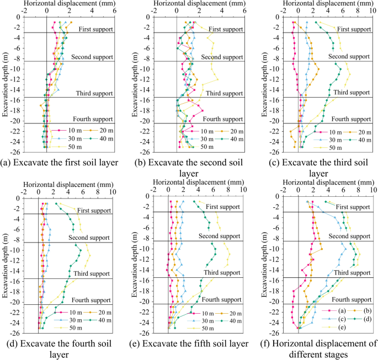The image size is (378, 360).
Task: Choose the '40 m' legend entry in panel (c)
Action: click(361, 140)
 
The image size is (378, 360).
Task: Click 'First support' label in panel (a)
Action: click(95, 29)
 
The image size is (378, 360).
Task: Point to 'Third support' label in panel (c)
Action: click(352, 93)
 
